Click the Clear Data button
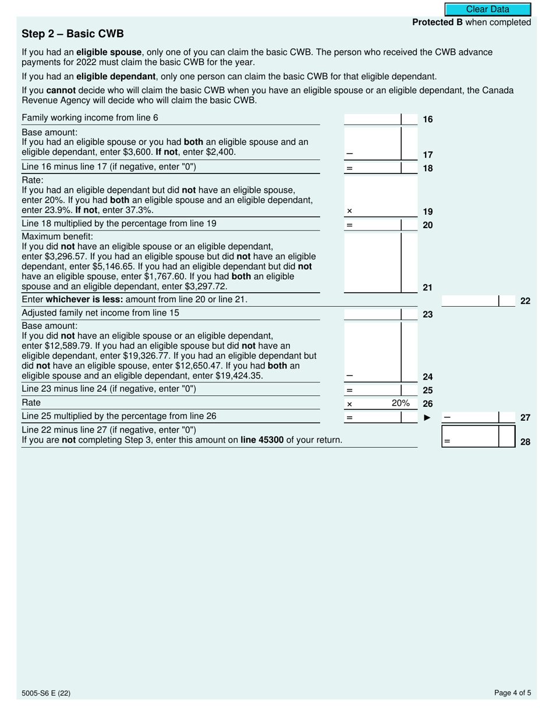click(x=488, y=9)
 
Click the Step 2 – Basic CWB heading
click(x=73, y=34)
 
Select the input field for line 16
click(x=373, y=119)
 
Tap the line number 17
click(x=428, y=155)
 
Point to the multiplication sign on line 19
click(x=349, y=211)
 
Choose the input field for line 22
click(x=470, y=301)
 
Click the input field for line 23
click(x=373, y=314)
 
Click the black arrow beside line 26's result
click(x=427, y=417)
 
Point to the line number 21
click(x=428, y=288)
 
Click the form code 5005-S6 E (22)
click(x=47, y=693)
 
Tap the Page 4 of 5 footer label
click(x=512, y=693)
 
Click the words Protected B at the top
click(x=433, y=22)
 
